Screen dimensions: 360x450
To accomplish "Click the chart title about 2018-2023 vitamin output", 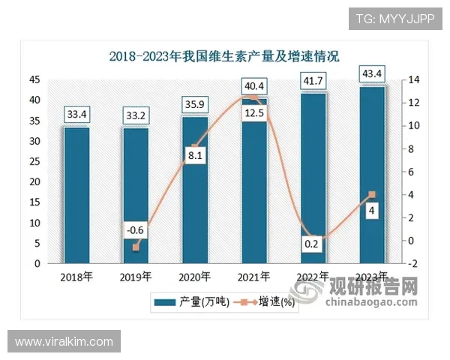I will click(224, 56).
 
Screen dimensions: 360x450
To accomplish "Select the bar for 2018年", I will click(76, 195).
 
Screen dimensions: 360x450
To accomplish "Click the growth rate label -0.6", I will click(136, 230).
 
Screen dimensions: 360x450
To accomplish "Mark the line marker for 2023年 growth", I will click(373, 195).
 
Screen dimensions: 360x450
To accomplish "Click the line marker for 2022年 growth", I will click(313, 238).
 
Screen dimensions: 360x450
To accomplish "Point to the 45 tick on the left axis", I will click(35, 79).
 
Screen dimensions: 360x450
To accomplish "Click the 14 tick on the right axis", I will click(412, 79).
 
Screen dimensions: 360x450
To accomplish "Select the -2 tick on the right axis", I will click(412, 264).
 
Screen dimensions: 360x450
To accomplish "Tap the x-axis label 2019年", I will click(136, 276).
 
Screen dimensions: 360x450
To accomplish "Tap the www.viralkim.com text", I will click(64, 342).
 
